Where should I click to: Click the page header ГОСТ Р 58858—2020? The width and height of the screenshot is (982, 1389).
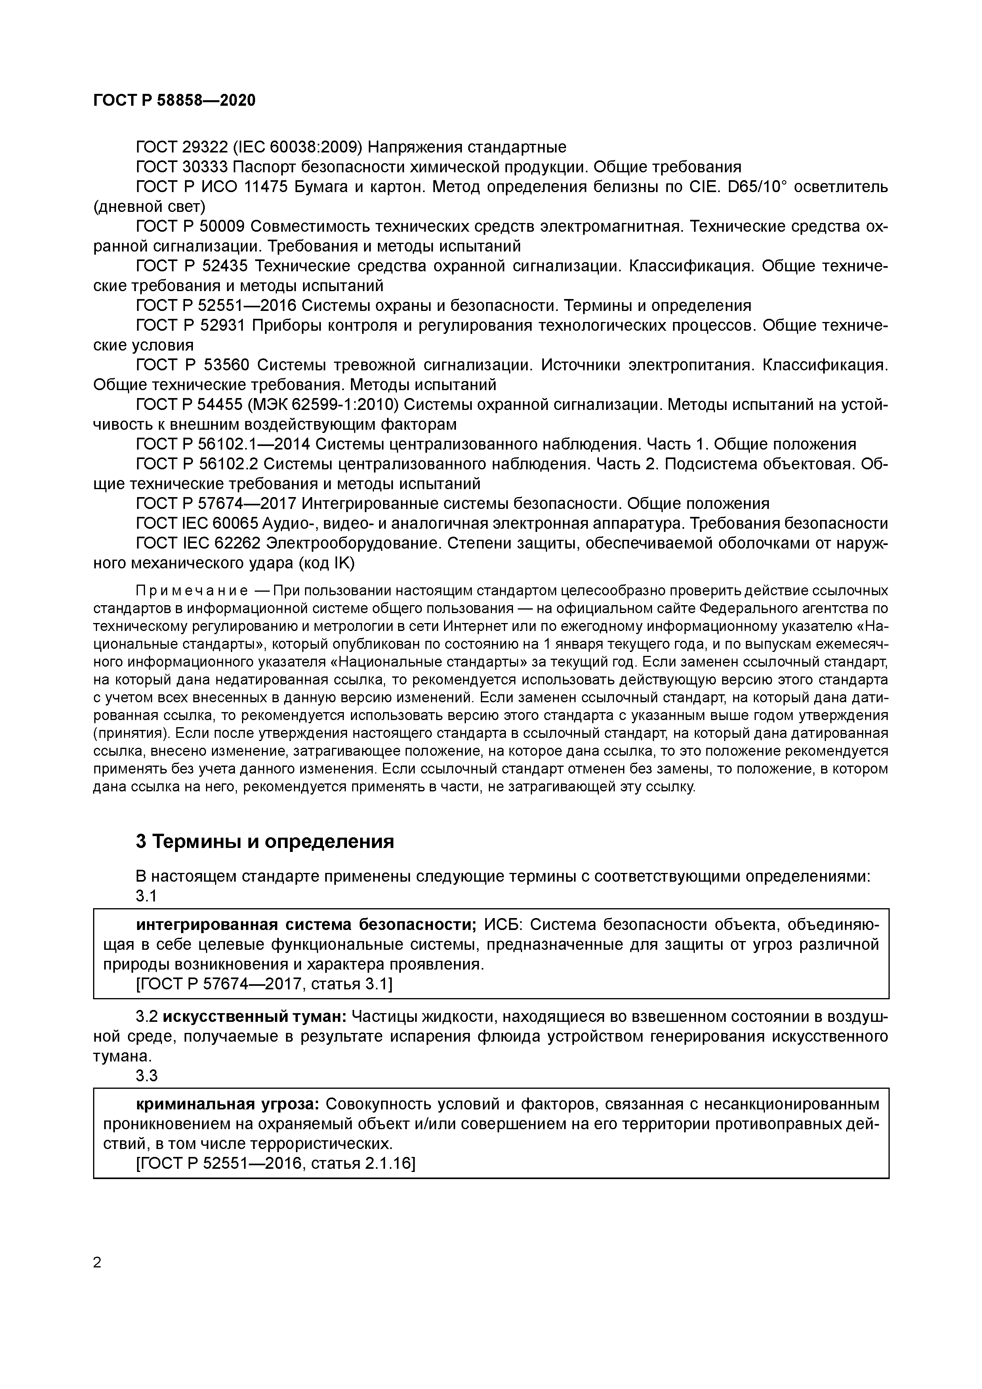174,101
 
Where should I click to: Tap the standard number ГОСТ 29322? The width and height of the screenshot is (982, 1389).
181,147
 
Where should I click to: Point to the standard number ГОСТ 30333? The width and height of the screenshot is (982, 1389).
181,167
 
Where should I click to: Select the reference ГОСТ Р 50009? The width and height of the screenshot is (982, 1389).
190,227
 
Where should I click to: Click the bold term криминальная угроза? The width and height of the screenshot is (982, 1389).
227,1104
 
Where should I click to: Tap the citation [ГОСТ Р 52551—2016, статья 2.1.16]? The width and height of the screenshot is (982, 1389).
276,1163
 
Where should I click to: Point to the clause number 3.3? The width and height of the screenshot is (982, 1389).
147,1076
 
